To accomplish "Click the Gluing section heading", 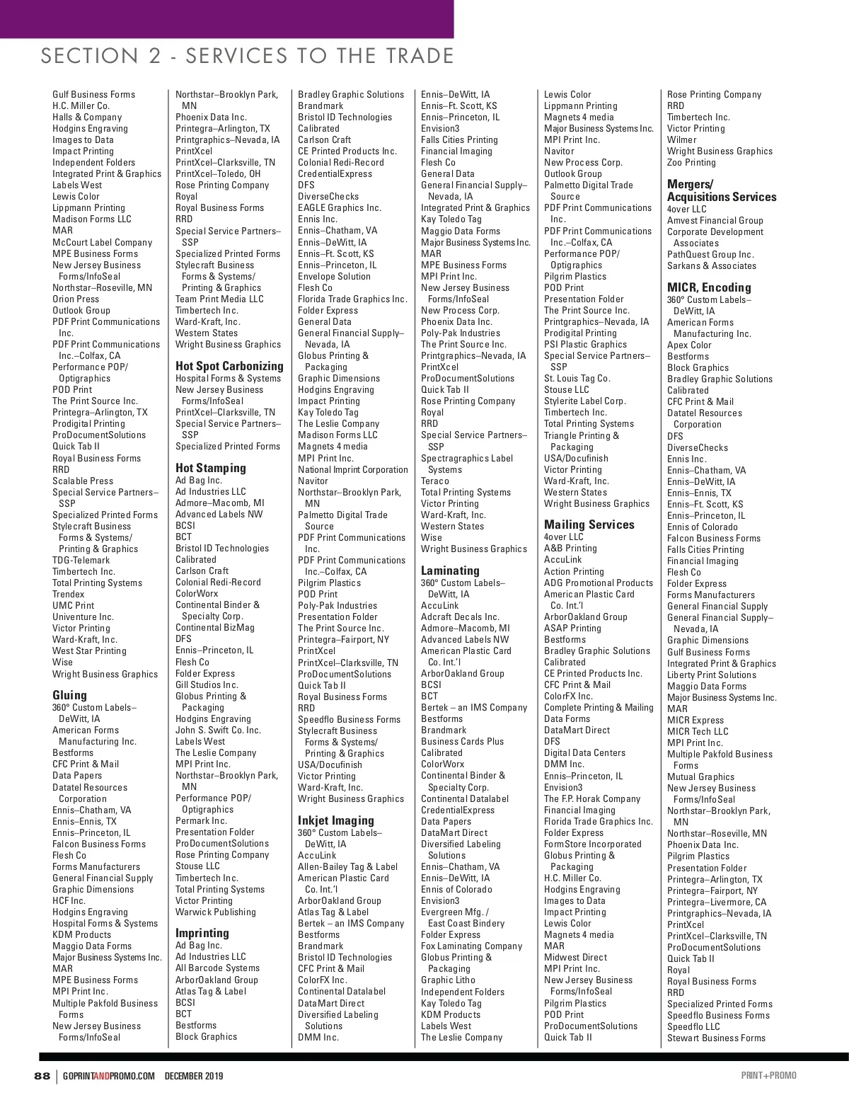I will click(x=70, y=695).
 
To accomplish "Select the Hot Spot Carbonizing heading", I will click(x=229, y=366).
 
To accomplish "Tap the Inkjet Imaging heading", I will click(x=336, y=820).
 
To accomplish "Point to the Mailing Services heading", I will click(x=589, y=525).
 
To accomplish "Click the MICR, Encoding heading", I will click(x=709, y=287).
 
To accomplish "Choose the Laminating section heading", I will click(x=450, y=571).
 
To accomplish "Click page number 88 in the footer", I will click(x=42, y=1076).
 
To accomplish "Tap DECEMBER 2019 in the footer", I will click(x=194, y=1077).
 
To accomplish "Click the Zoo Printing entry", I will click(x=691, y=163).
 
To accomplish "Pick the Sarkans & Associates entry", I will click(x=711, y=266).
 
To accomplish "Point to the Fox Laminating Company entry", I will click(x=471, y=946).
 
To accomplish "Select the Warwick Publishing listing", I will click(x=216, y=912).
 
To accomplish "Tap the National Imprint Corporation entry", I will click(x=352, y=470).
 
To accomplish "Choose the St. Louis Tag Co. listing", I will click(x=577, y=379).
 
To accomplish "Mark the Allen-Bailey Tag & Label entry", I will click(x=347, y=867).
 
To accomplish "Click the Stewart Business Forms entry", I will click(x=716, y=1038).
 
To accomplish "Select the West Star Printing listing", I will click(x=89, y=651).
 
